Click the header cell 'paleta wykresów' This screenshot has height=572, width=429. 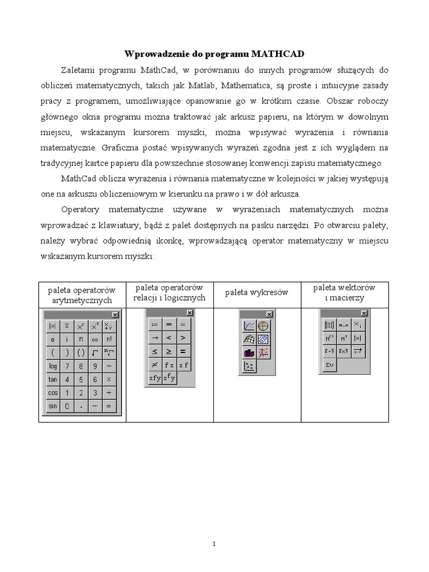pyautogui.click(x=257, y=293)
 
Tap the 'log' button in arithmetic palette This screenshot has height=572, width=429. pyautogui.click(x=53, y=366)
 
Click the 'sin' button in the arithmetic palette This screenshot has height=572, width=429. pyautogui.click(x=53, y=406)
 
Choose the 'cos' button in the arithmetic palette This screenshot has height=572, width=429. pyautogui.click(x=53, y=393)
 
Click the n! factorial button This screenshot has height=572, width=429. pyautogui.click(x=109, y=340)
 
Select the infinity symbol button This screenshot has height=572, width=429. pyautogui.click(x=95, y=340)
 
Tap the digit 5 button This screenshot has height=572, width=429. pyautogui.click(x=81, y=380)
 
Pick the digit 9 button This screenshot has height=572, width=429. pyautogui.click(x=95, y=366)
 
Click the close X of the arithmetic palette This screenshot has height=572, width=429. pyautogui.click(x=115, y=316)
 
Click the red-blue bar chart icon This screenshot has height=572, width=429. pyautogui.click(x=249, y=353)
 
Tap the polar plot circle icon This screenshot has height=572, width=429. pyautogui.click(x=263, y=326)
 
